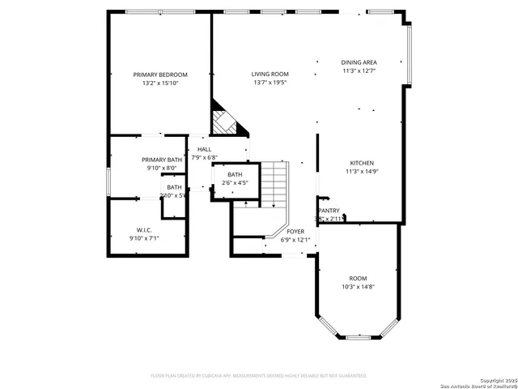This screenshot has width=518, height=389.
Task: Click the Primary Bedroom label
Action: [x=160, y=75]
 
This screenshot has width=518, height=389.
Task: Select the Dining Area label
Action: [x=359, y=62]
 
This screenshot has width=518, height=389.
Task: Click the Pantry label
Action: [x=329, y=210]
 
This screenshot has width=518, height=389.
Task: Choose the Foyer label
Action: [x=295, y=232]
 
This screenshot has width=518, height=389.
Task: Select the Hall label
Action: [x=204, y=149]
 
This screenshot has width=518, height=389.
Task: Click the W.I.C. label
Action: [x=145, y=229]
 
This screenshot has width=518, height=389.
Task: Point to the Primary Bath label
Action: [x=162, y=160]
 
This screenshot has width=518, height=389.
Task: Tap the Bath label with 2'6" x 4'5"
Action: [x=235, y=174]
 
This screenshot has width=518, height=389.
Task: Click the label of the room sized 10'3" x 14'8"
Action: [x=358, y=278]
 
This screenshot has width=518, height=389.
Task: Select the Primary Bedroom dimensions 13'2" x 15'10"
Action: [x=160, y=83]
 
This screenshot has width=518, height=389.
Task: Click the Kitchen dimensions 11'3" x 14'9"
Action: [x=361, y=171]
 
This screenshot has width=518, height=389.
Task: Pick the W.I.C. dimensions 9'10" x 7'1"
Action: [x=145, y=238]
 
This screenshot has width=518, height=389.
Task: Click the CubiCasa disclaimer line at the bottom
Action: [x=259, y=376]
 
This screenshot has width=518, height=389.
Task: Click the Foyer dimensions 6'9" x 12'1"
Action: [x=295, y=240]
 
